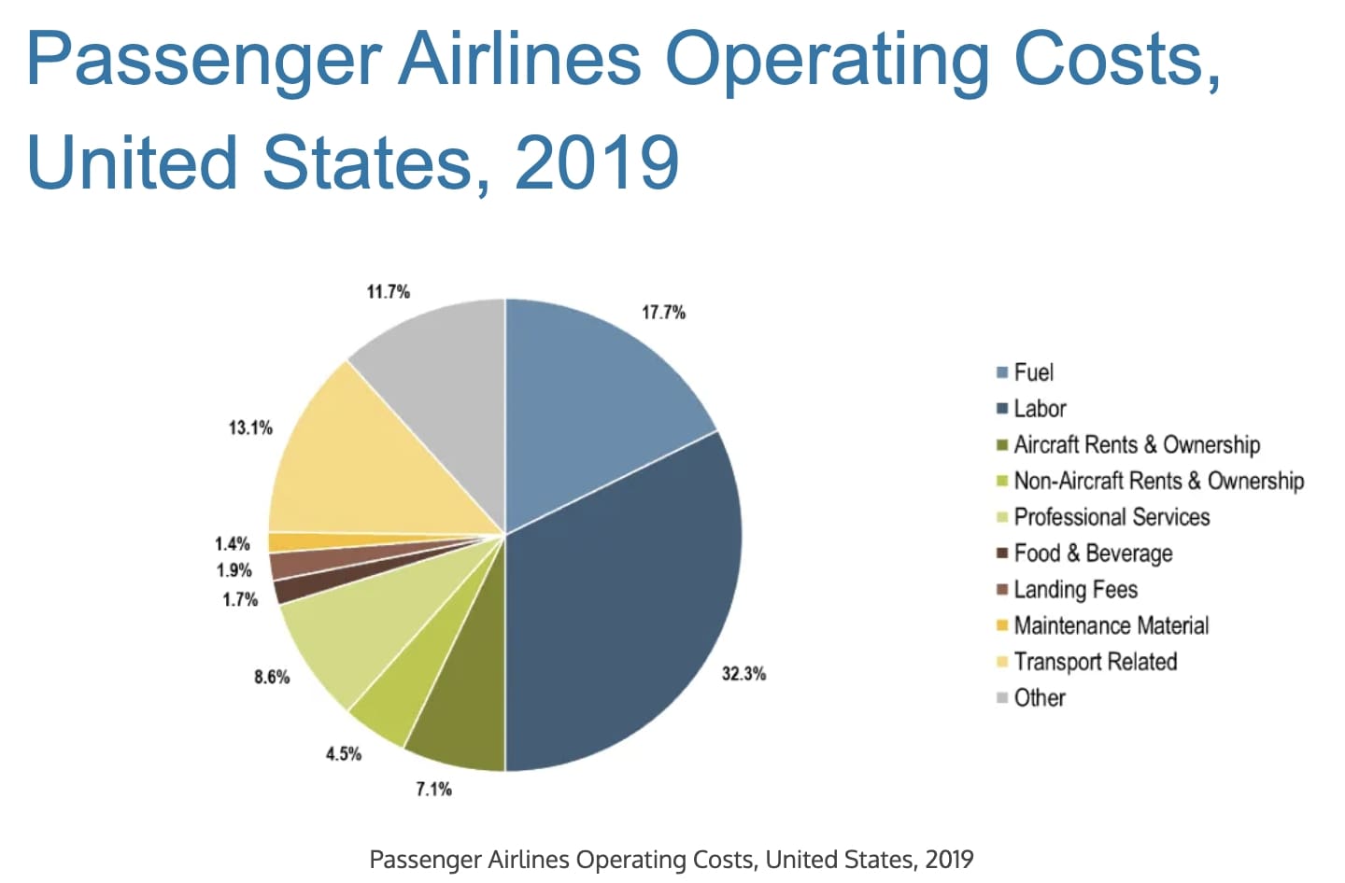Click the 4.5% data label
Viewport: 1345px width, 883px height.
pyautogui.click(x=343, y=753)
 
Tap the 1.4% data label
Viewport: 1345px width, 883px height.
pyautogui.click(x=232, y=543)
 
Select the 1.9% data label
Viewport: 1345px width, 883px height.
pyautogui.click(x=234, y=570)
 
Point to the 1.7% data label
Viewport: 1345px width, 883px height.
pyautogui.click(x=239, y=599)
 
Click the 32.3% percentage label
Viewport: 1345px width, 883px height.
pyautogui.click(x=743, y=673)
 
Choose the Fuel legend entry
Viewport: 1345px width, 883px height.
pyautogui.click(x=1033, y=372)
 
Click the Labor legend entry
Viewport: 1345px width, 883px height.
pyautogui.click(x=1039, y=409)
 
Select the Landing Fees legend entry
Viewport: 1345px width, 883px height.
pyautogui.click(x=1075, y=590)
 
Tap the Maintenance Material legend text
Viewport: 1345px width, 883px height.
pyautogui.click(x=1111, y=625)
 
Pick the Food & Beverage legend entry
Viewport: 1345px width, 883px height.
pyautogui.click(x=1092, y=554)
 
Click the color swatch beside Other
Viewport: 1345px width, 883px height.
pyautogui.click(x=1002, y=698)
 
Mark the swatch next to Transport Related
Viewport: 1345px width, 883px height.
pyautogui.click(x=1002, y=662)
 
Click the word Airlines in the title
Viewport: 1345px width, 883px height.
pyautogui.click(x=519, y=58)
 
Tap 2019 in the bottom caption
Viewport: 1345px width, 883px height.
pyautogui.click(x=949, y=859)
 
